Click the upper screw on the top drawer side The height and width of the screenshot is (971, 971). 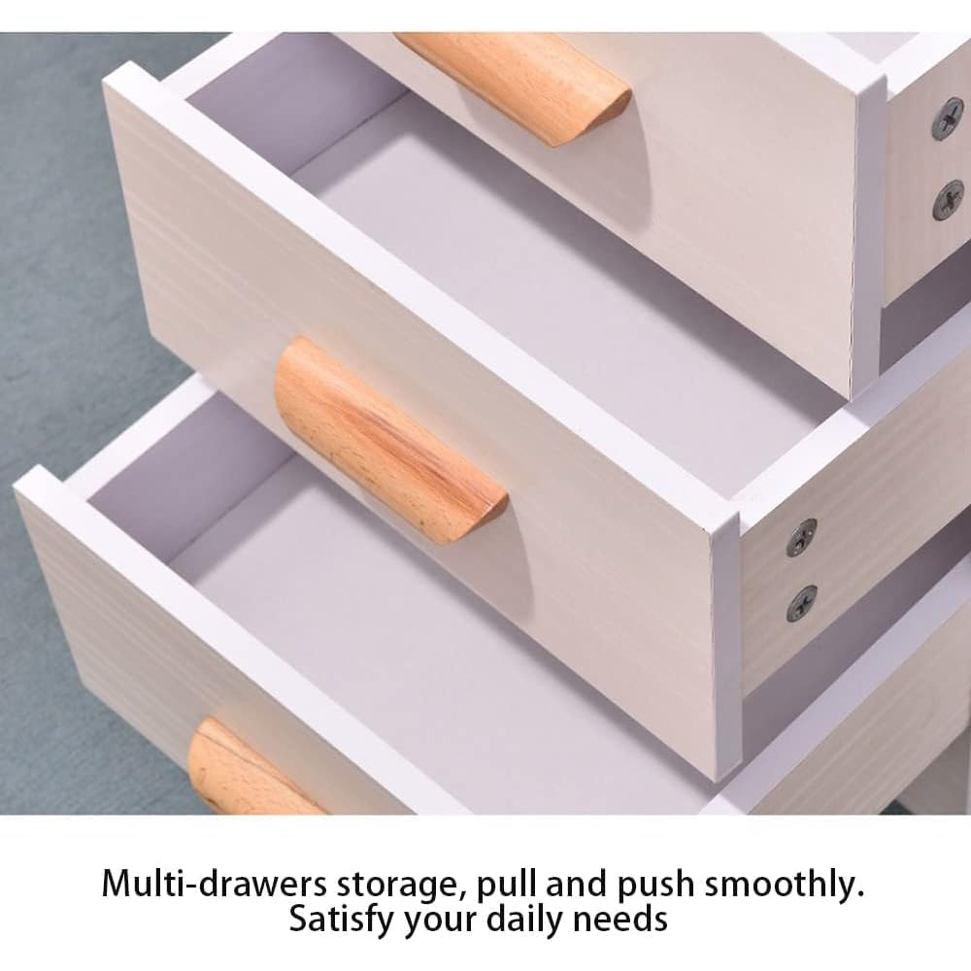click(948, 117)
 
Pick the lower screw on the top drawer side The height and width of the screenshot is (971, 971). click(949, 199)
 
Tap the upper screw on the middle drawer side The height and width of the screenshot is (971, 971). click(801, 537)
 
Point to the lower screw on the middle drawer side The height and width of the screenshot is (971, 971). click(801, 603)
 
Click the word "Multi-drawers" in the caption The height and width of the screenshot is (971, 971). click(214, 884)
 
